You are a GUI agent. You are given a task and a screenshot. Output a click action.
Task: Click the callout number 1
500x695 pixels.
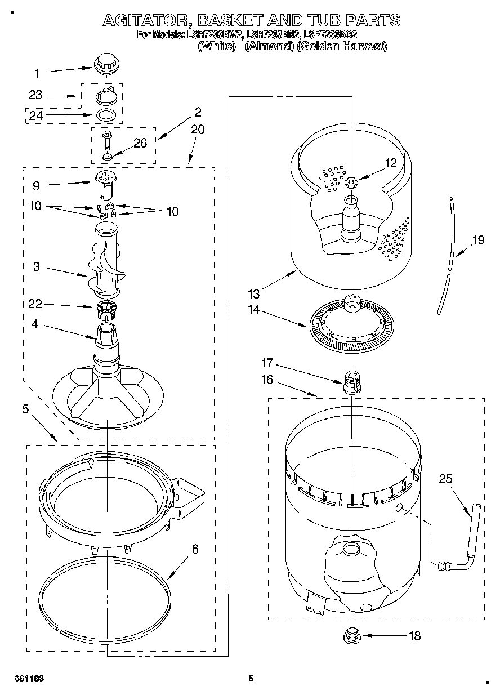pyautogui.click(x=37, y=73)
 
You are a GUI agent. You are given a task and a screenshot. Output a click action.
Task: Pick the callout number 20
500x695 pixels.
pyautogui.click(x=197, y=130)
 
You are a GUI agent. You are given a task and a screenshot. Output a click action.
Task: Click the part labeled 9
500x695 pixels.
pyautogui.click(x=105, y=186)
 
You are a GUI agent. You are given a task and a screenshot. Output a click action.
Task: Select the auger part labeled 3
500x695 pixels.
pyautogui.click(x=105, y=262)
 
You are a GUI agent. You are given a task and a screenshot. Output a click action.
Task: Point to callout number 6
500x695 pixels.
pyautogui.click(x=195, y=549)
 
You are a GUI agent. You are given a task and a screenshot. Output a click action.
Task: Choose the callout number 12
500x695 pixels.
pyautogui.click(x=391, y=164)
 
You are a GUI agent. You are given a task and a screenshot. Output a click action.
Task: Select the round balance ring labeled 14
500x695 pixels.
pyautogui.click(x=351, y=326)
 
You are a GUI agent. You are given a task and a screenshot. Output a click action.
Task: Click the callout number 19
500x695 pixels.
pyautogui.click(x=477, y=240)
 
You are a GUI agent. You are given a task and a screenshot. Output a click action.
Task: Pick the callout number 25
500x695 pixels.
pyautogui.click(x=445, y=479)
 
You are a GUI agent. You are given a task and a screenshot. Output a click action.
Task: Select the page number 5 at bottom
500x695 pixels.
pyautogui.click(x=251, y=679)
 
